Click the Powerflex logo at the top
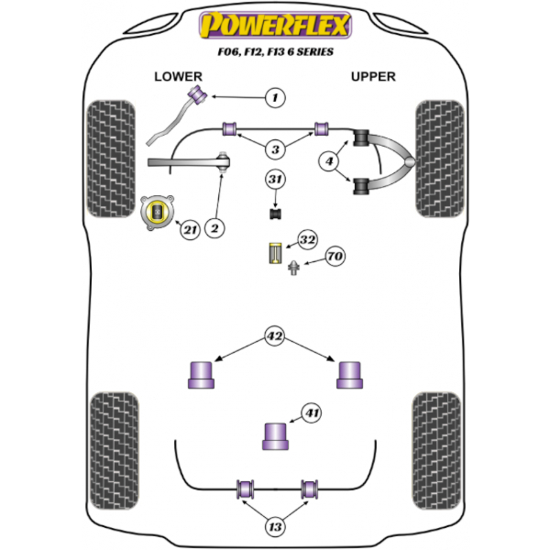click(275, 25)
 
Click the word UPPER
click(373, 77)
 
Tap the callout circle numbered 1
click(274, 97)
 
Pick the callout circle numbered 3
click(274, 148)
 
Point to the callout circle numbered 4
click(327, 162)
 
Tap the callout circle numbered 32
click(307, 240)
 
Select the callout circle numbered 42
click(274, 335)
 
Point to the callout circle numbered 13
click(274, 527)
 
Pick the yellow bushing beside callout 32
click(273, 253)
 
